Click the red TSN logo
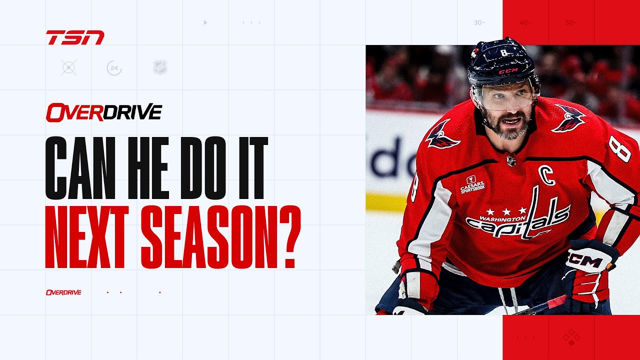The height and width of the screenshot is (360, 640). pos(75,37)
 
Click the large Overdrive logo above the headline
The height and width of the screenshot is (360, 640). pos(104,112)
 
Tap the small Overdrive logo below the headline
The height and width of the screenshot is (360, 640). pos(63,292)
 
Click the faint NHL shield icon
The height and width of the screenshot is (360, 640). pos(160,67)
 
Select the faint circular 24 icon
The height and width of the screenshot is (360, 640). pos(114,67)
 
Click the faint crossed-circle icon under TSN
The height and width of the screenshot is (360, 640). pos(68,67)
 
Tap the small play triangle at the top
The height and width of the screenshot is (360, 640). pos(205,22)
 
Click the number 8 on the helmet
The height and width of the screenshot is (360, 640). pos(503,52)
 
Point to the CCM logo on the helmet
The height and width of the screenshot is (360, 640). pos(507,71)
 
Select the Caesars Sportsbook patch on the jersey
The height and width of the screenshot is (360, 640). pos(472,184)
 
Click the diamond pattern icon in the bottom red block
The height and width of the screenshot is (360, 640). pos(571,337)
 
